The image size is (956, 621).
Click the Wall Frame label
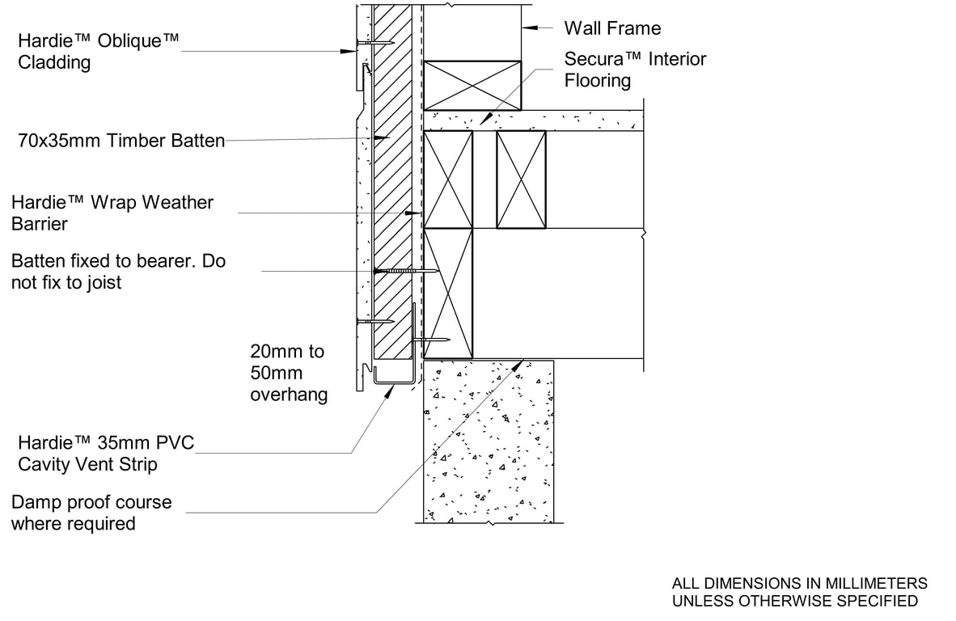tap(611, 28)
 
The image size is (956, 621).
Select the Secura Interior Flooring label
tap(635, 70)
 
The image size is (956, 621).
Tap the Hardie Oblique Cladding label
tap(99, 51)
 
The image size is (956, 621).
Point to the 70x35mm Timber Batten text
tap(121, 141)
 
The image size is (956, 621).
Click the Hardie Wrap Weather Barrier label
tap(112, 213)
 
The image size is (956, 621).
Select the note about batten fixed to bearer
tap(118, 272)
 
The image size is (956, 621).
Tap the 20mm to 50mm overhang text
tap(288, 373)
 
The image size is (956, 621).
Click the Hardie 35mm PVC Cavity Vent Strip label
tap(106, 454)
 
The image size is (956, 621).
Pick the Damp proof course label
tap(91, 513)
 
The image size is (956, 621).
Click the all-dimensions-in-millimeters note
tap(799, 592)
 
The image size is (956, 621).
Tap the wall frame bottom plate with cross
tap(473, 84)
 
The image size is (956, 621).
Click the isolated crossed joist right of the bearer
tap(521, 180)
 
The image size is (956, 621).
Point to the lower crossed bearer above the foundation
tap(448, 293)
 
